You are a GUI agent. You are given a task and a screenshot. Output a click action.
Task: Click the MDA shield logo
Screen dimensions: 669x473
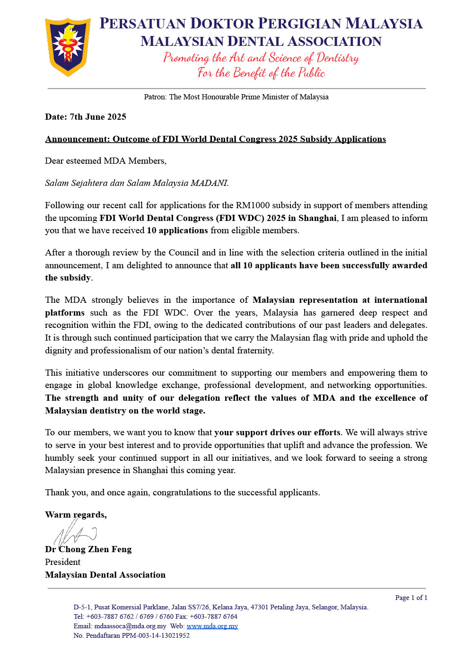pos(68,46)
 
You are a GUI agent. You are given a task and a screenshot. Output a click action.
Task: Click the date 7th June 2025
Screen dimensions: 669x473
pos(98,117)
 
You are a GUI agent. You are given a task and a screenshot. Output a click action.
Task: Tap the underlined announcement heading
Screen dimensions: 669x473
pos(215,139)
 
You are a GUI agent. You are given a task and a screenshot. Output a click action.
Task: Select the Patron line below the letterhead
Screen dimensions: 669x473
pos(236,97)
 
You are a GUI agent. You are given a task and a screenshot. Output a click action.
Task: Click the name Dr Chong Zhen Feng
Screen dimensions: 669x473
pos(88,549)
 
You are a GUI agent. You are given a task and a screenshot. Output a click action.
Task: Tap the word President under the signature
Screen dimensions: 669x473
pos(62,562)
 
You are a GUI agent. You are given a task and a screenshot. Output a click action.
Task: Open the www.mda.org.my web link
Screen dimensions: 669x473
pos(212,626)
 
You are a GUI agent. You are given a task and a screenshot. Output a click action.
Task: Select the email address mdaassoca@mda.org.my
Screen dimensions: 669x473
pos(130,626)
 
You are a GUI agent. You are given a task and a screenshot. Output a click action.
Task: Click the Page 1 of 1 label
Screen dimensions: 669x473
pos(411,598)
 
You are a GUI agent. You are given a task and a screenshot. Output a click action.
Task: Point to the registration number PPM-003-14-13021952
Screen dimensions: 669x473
pos(156,635)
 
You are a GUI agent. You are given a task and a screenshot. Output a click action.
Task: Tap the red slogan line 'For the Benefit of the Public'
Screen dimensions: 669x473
pos(261,73)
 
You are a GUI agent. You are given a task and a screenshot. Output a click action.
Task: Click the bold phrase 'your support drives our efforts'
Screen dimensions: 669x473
pos(277,432)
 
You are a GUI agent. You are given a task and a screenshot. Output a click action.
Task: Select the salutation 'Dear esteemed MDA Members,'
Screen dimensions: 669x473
pos(105,161)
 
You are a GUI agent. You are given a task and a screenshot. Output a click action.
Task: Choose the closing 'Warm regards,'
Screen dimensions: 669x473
pos(76,515)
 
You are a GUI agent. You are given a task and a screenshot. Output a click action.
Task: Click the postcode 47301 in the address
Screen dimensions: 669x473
pos(260,607)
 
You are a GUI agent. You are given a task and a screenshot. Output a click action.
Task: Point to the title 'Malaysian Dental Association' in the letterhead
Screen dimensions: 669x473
pos(261,42)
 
